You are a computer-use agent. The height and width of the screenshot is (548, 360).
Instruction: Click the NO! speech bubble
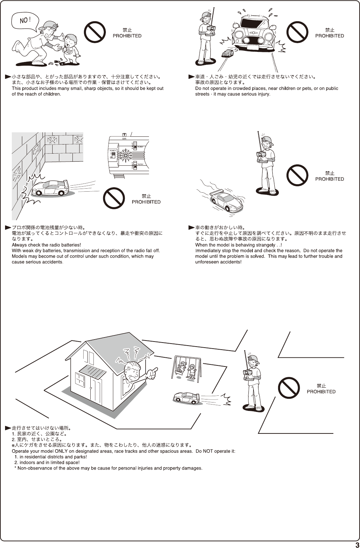tap(25, 20)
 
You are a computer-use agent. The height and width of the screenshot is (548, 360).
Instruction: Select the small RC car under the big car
tap(228, 53)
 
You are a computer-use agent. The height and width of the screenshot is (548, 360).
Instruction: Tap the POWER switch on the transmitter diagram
tap(113, 155)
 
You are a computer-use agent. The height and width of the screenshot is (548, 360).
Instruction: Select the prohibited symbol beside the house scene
tap(289, 388)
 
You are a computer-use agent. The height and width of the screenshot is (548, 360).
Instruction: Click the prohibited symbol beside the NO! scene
tap(95, 32)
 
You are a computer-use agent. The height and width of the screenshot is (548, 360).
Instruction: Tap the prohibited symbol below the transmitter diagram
tap(114, 198)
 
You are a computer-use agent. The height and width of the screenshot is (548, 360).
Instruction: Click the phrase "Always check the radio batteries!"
tap(46, 245)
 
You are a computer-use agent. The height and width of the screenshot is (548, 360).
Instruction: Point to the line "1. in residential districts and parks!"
tap(51, 457)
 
